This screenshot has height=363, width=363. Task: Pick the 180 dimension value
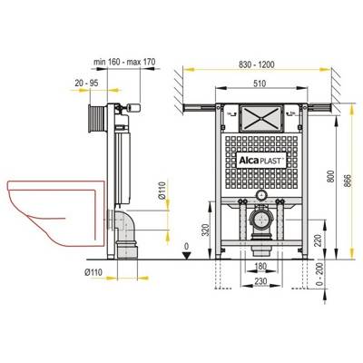[260, 266]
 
